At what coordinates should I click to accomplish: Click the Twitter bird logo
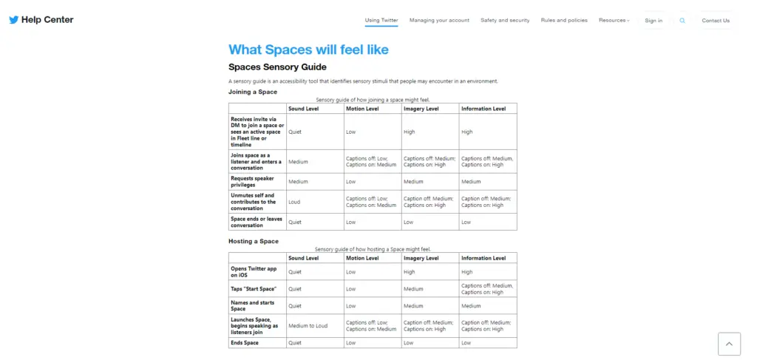(x=13, y=20)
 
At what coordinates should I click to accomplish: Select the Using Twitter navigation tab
(x=381, y=21)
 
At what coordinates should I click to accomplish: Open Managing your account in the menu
(x=439, y=21)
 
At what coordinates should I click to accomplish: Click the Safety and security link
(x=505, y=21)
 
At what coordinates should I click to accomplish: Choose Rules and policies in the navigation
(x=564, y=21)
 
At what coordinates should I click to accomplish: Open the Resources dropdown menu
(x=614, y=21)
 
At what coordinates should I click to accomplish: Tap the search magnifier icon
(x=682, y=21)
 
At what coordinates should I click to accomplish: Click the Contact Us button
(x=715, y=21)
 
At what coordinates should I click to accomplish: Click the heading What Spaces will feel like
(x=308, y=50)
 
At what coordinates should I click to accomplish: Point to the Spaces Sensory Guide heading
(x=277, y=67)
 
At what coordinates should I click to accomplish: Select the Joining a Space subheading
(x=253, y=92)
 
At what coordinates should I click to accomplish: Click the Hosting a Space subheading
(x=254, y=241)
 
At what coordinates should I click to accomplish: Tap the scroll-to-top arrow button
(x=728, y=344)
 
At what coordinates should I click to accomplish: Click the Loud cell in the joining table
(x=294, y=202)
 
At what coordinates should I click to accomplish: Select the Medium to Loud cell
(x=308, y=326)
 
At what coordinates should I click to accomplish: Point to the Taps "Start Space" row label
(x=248, y=289)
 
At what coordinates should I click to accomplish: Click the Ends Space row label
(x=245, y=343)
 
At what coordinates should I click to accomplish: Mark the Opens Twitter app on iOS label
(x=254, y=272)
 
